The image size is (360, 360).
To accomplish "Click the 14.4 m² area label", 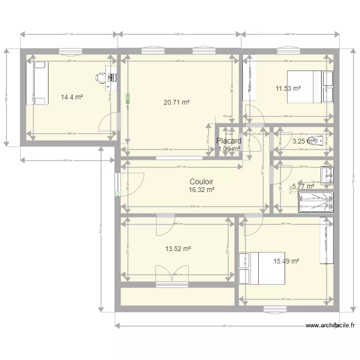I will pyautogui.click(x=72, y=97).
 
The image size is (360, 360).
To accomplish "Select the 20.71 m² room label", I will pyautogui.click(x=176, y=102).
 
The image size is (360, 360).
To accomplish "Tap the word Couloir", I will pyautogui.click(x=201, y=182).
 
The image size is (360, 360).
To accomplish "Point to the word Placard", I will pyautogui.click(x=228, y=141).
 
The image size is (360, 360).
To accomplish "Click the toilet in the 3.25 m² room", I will pyautogui.click(x=314, y=141).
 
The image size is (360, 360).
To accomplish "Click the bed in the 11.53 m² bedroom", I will pyautogui.click(x=310, y=86).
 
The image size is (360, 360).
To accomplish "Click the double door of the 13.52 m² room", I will pyautogui.click(x=171, y=277).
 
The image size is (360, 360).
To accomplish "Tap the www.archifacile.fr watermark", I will pyautogui.click(x=330, y=325).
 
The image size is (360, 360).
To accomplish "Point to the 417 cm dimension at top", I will pyautogui.click(x=69, y=34).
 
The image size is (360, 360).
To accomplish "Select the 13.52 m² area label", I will pyautogui.click(x=178, y=249).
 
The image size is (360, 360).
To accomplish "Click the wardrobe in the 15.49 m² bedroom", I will pyautogui.click(x=327, y=240).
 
